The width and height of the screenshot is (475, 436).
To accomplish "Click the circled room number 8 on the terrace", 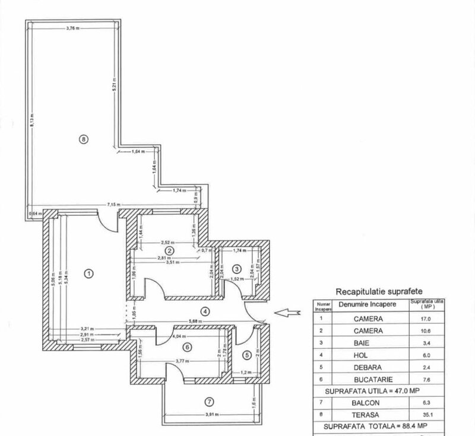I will coord(84,139).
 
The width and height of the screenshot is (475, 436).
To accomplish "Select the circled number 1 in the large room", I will coord(88,273).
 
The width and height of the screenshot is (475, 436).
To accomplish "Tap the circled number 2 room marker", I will coord(169,251).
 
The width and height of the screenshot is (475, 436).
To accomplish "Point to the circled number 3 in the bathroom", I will coord(236,269).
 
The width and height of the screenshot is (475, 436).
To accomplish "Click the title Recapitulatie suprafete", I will coord(371,292).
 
